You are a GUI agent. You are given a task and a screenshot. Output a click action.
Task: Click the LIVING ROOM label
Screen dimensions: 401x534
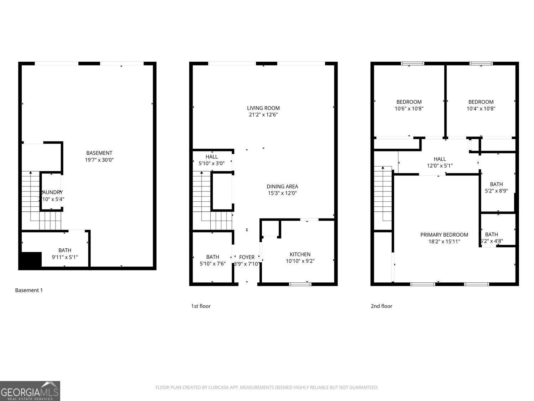pyautogui.click(x=263, y=108)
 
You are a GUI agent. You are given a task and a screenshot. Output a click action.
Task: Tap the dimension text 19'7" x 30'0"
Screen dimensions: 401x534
pyautogui.click(x=99, y=160)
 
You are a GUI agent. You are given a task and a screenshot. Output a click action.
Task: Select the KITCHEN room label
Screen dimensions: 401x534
pyautogui.click(x=300, y=254)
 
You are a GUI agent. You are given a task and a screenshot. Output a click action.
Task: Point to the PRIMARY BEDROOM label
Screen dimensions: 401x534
pyautogui.click(x=444, y=235)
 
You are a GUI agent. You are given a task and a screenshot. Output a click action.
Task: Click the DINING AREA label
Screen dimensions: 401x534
pyautogui.click(x=282, y=186)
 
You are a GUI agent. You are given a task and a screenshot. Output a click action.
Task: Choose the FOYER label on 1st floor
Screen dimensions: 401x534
pyautogui.click(x=247, y=257)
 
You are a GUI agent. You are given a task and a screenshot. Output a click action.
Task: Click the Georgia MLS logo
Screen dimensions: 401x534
pyautogui.click(x=30, y=391)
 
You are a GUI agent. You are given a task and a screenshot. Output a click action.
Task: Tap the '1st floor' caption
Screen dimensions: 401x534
pyautogui.click(x=201, y=306)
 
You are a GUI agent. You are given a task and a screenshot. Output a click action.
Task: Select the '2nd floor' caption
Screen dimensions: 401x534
pyautogui.click(x=381, y=306)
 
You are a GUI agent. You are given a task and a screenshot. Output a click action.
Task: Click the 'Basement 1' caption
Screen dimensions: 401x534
pyautogui.click(x=29, y=290)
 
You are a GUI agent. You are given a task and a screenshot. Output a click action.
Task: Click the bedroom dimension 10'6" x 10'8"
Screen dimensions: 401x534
pyautogui.click(x=409, y=109)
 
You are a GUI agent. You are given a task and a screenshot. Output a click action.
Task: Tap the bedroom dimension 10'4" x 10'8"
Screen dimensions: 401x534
pyautogui.click(x=481, y=109)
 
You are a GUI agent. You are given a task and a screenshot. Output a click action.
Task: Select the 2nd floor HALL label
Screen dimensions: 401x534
pyautogui.click(x=440, y=159)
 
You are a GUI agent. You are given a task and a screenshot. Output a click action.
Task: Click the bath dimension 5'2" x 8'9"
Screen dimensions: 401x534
pyautogui.click(x=496, y=191)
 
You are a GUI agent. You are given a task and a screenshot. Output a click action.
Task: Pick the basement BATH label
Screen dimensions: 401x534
pyautogui.click(x=65, y=250)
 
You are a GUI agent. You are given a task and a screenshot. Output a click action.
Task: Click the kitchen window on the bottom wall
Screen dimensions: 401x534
pyautogui.click(x=300, y=284)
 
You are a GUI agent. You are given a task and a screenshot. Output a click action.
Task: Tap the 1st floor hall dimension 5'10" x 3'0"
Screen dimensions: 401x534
pyautogui.click(x=211, y=164)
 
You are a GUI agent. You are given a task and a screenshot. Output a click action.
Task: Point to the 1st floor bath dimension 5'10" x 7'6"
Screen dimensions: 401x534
pyautogui.click(x=213, y=264)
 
